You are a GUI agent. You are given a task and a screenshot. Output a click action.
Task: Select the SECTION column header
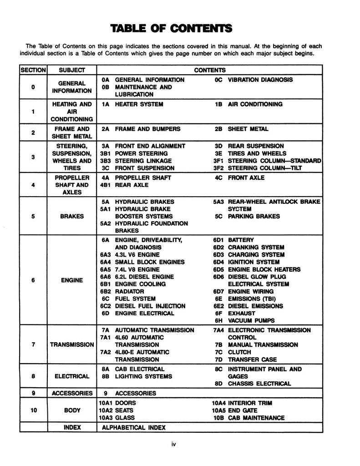point(33,71)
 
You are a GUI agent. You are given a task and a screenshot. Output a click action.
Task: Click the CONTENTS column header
point(210,71)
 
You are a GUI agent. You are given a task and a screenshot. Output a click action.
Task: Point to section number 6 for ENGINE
point(33,280)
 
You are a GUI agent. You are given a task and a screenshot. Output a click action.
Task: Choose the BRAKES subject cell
point(71,216)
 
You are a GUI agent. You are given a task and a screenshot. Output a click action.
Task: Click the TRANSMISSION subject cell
point(71,344)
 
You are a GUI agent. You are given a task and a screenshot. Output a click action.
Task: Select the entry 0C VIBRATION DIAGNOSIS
point(254,80)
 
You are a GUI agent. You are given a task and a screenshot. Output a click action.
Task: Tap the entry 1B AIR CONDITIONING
point(249,104)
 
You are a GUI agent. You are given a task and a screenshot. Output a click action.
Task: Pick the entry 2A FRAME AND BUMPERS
point(141,129)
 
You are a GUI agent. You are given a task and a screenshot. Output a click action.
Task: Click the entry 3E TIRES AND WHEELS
point(250,153)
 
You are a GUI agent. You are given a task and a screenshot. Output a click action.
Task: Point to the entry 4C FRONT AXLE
point(240,177)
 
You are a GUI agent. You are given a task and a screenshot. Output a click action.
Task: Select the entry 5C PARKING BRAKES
point(247,216)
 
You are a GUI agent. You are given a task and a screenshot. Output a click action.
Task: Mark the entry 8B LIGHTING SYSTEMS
point(137,376)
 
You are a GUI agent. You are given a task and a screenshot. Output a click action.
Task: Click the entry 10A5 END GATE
point(238,410)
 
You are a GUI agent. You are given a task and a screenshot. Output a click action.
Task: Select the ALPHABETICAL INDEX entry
point(134,428)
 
